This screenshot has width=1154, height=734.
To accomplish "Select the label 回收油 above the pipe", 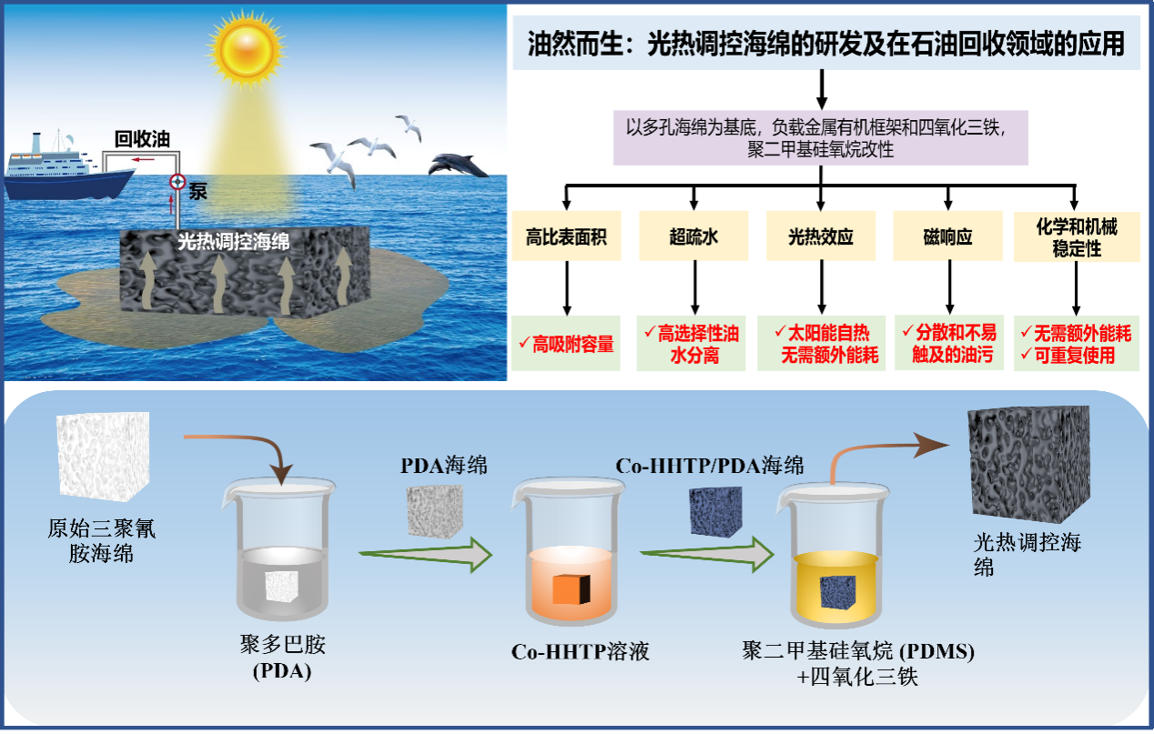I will click(x=141, y=140).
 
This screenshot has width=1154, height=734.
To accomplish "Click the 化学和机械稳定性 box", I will click(x=1076, y=237).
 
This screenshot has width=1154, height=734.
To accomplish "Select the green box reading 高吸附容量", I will click(x=566, y=344).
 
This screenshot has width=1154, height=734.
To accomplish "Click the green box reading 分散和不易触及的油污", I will click(x=948, y=344).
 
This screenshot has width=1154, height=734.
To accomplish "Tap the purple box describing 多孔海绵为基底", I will click(x=821, y=137).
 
